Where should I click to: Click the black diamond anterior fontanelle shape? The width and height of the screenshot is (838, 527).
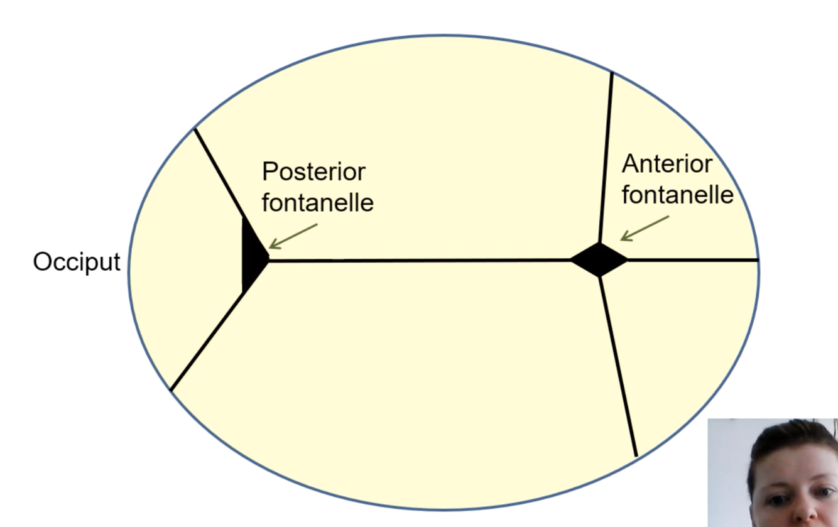coord(599,259)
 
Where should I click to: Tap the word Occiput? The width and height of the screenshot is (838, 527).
coord(76,262)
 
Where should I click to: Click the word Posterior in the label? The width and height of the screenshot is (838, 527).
coord(313,171)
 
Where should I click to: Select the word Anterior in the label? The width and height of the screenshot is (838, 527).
coord(667,164)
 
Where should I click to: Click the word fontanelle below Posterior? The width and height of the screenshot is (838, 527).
coord(317,202)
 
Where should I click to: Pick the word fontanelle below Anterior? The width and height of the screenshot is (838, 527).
coord(677,195)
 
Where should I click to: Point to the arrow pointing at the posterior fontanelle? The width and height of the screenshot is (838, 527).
coord(293,236)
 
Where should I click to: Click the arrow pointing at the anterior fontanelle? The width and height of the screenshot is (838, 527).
coord(644,228)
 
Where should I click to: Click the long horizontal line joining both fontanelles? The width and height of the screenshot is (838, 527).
coord(421,259)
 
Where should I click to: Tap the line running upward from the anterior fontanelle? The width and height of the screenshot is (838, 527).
coord(606,157)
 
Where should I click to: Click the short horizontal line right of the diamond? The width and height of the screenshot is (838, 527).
coord(691,259)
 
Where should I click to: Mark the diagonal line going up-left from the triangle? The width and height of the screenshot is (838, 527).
coord(219,173)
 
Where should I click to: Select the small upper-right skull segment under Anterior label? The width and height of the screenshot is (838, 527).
coord(685,226)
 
